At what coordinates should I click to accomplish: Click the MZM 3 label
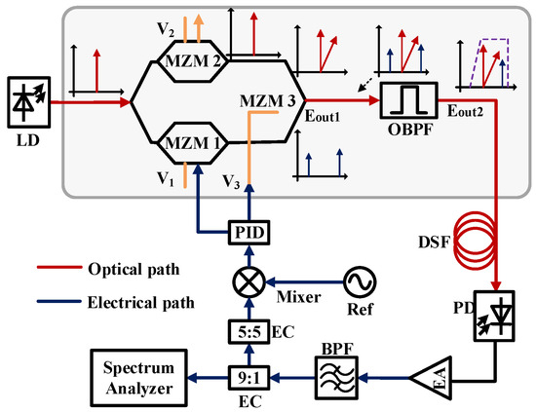[x=270, y=98]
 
